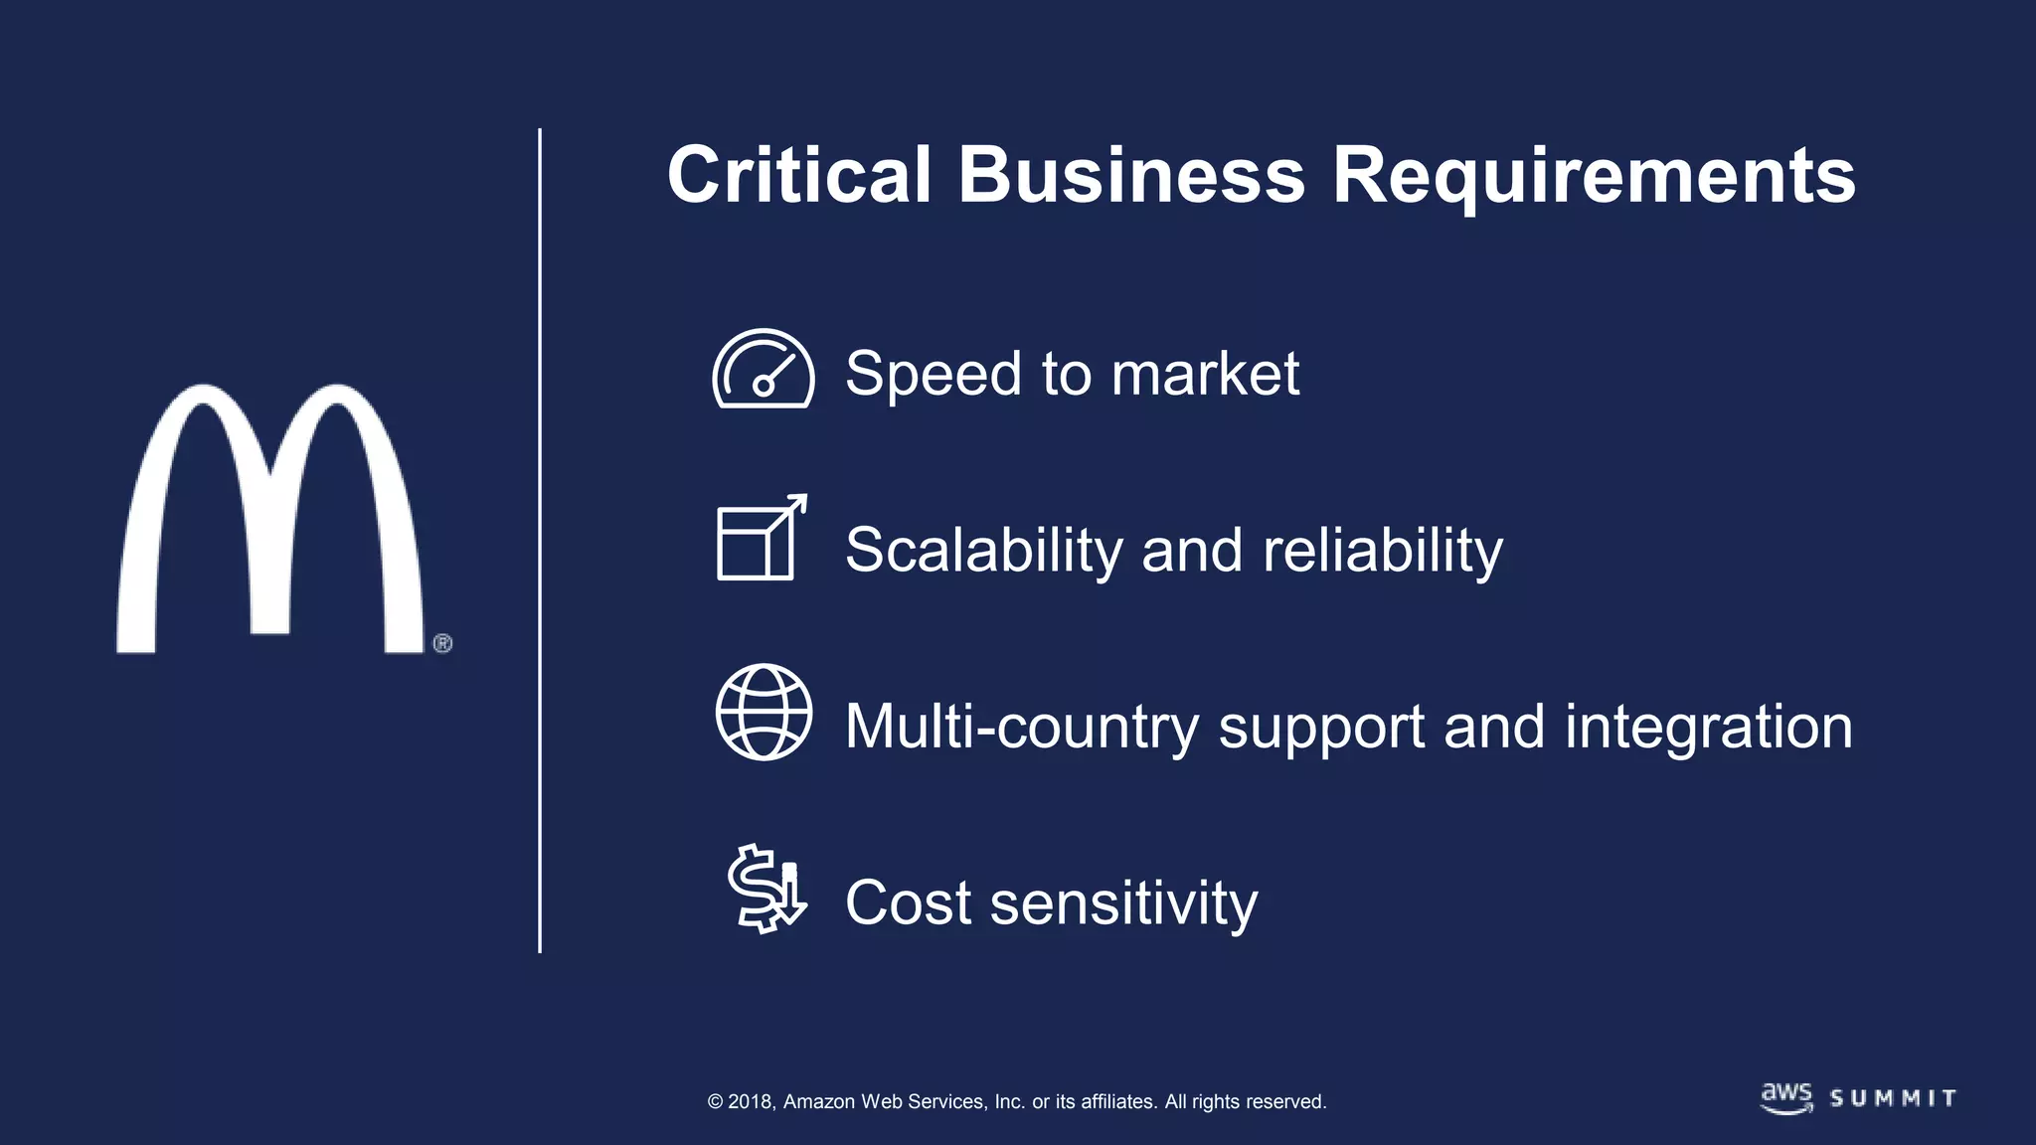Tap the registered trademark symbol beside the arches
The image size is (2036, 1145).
coord(443,643)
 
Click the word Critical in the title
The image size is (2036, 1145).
coord(799,175)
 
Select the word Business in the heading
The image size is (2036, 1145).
coord(1131,175)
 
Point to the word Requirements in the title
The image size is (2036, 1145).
coord(1594,177)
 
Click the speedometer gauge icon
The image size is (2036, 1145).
coord(763,369)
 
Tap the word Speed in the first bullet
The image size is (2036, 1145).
coord(933,374)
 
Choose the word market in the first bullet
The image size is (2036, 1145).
coord(1205,374)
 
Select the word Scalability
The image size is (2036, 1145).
coord(982,550)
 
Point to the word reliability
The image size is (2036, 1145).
coord(1382,550)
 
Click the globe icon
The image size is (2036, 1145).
coord(763,712)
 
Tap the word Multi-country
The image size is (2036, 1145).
coord(1021,727)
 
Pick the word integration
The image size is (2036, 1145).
coord(1709,727)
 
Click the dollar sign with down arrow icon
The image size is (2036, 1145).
coord(765,888)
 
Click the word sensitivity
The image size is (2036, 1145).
coord(1124,903)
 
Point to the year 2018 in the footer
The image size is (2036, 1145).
coord(751,1101)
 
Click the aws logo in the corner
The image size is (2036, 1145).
coord(1786,1097)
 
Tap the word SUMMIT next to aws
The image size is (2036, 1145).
coord(1893,1098)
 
